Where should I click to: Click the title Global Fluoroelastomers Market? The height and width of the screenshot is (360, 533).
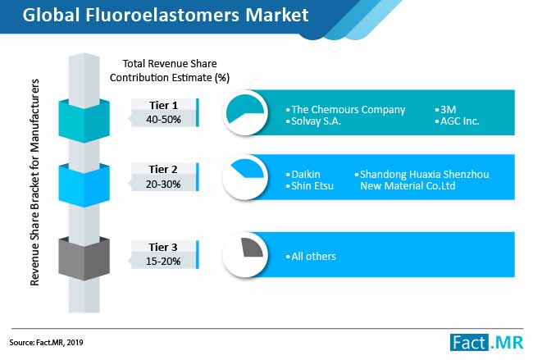click(166, 16)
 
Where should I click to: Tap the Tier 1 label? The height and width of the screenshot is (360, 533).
click(163, 106)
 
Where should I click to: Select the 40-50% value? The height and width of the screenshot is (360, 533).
click(163, 120)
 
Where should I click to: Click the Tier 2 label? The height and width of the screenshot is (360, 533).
click(163, 169)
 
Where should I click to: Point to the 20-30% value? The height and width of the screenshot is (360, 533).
click(163, 185)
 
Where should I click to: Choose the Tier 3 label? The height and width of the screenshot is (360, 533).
click(163, 247)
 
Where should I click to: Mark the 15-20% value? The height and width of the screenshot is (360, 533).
click(163, 262)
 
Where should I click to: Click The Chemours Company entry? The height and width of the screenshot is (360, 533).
click(348, 110)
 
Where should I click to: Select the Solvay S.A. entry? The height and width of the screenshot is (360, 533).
click(317, 121)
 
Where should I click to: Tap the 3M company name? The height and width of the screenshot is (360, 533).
click(448, 109)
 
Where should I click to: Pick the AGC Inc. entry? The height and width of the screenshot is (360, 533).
click(459, 121)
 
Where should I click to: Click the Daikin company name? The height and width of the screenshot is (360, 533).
click(306, 175)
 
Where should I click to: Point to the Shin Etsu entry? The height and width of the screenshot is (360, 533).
click(312, 186)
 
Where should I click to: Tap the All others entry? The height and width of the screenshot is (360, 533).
click(313, 257)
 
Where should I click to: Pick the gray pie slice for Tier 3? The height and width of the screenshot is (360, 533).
click(253, 248)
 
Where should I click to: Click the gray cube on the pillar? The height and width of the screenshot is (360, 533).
click(84, 258)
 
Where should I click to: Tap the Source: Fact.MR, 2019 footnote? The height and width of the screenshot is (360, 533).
click(46, 342)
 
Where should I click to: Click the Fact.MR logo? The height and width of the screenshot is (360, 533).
click(486, 342)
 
